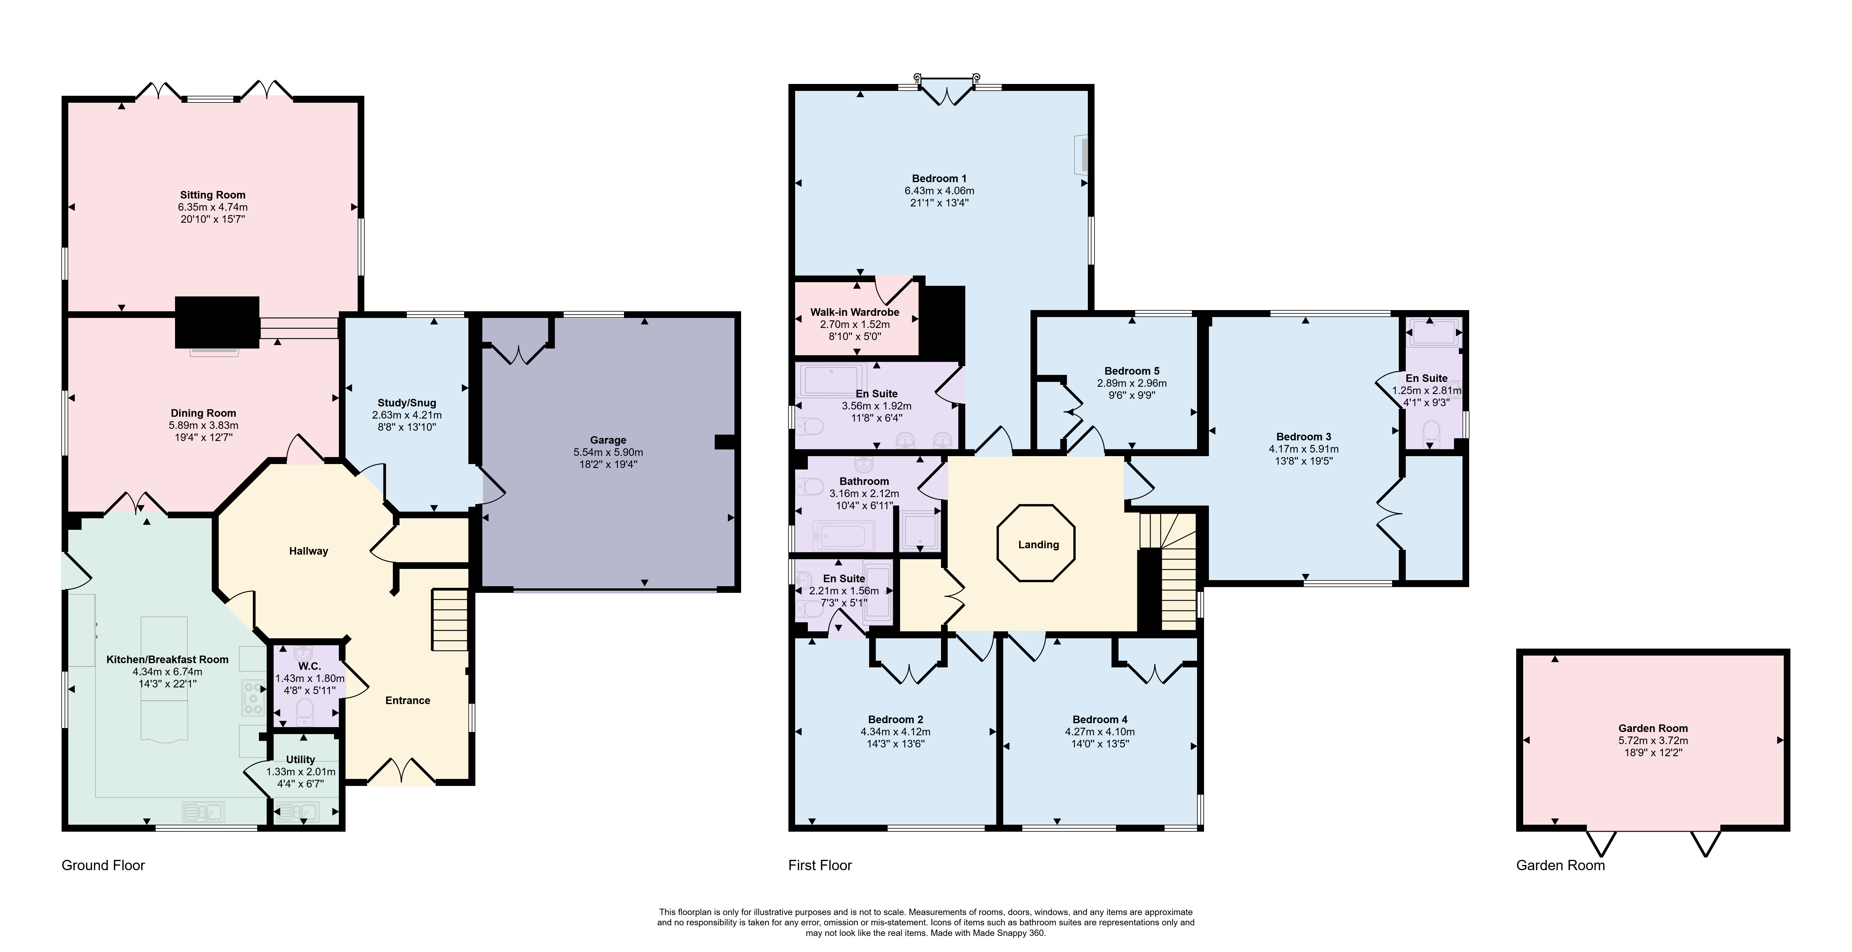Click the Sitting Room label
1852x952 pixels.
[x=213, y=195]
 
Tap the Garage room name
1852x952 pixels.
[x=608, y=440]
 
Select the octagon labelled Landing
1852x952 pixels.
[x=1036, y=544]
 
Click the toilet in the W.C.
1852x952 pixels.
[x=305, y=710]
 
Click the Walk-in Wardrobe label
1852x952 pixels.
[x=855, y=312]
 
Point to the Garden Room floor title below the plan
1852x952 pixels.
[x=1560, y=865]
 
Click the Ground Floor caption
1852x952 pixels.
[x=103, y=865]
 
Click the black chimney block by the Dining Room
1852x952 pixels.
[x=217, y=322]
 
